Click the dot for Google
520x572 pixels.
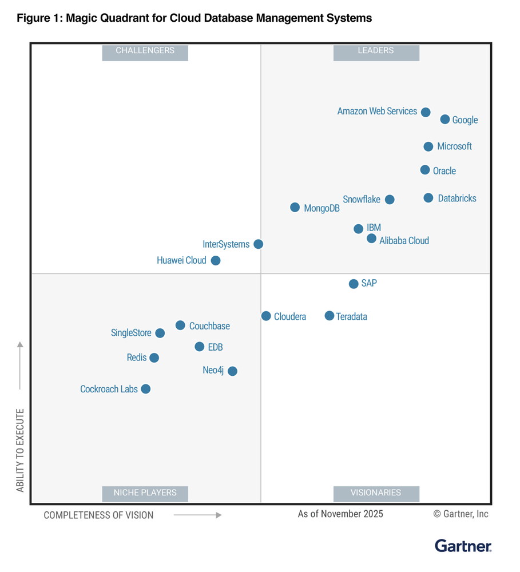(x=445, y=120)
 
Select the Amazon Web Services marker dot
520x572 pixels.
(x=426, y=112)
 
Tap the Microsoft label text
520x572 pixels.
(x=454, y=146)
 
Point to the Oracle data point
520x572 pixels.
(x=425, y=170)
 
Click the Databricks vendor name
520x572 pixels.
(x=457, y=198)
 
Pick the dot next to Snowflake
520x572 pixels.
(x=390, y=200)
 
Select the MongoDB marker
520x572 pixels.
(x=295, y=208)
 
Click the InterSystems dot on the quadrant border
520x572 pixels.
(x=259, y=244)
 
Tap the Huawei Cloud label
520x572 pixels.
(x=181, y=260)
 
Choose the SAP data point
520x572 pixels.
(x=354, y=284)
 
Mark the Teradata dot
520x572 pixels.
(x=330, y=316)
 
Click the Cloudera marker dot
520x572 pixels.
(x=266, y=316)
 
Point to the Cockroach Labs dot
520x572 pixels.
(x=146, y=389)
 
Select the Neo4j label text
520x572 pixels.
(x=213, y=370)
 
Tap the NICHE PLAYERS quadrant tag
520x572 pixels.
(x=145, y=492)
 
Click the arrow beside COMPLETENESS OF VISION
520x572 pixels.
(x=197, y=515)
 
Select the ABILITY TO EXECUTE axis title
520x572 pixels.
(x=21, y=450)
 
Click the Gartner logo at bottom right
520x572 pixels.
(x=463, y=546)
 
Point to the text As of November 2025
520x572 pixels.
(x=340, y=514)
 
